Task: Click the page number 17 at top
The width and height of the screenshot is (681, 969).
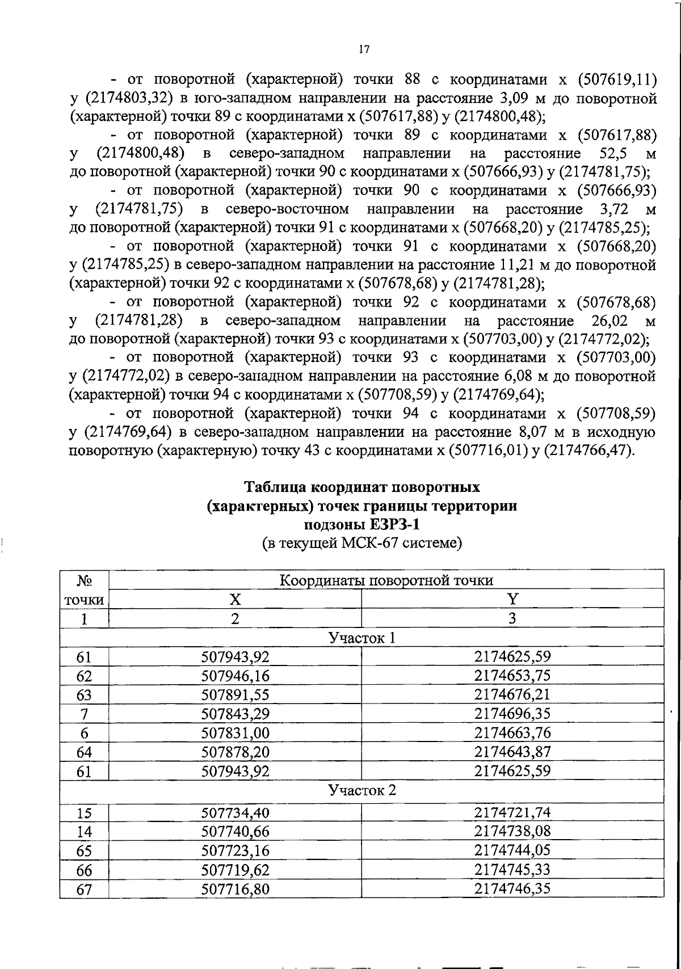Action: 364,50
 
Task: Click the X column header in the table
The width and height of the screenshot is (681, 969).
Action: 235,599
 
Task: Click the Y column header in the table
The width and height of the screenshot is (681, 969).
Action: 512,599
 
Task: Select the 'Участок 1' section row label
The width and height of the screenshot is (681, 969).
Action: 362,638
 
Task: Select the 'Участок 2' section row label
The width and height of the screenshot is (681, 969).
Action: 362,790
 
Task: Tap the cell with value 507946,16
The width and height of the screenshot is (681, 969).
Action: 235,676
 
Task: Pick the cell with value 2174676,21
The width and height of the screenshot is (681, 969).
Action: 512,695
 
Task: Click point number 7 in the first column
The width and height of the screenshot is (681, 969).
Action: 84,714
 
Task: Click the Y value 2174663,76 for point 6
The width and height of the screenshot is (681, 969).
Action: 512,733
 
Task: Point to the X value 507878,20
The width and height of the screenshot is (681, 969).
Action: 235,752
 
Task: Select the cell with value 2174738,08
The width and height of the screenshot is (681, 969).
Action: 512,832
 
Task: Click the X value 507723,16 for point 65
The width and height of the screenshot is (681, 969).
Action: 235,851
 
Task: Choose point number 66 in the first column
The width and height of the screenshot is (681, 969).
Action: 84,870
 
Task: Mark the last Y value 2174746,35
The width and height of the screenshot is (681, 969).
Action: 512,888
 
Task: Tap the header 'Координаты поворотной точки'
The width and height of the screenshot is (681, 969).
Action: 386,580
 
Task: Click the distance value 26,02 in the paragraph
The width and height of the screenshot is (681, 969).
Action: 609,321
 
